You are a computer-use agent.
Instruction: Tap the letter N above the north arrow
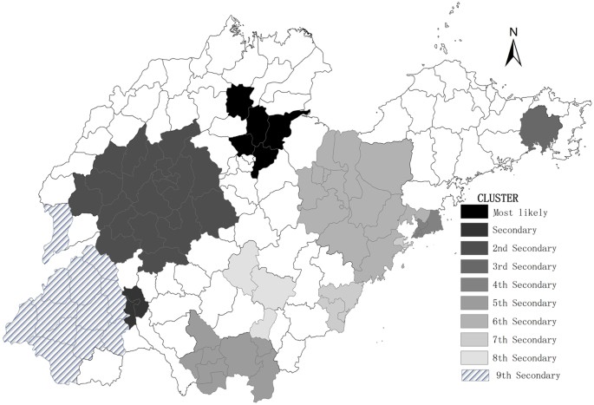pos(513,33)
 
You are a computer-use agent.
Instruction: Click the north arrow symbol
pos(513,54)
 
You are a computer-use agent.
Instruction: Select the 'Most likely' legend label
pos(520,212)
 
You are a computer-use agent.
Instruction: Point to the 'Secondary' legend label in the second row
pos(515,231)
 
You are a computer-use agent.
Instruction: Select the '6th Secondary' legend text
pos(525,321)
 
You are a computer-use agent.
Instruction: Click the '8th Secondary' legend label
pos(525,357)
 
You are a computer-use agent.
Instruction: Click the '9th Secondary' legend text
pos(528,376)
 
